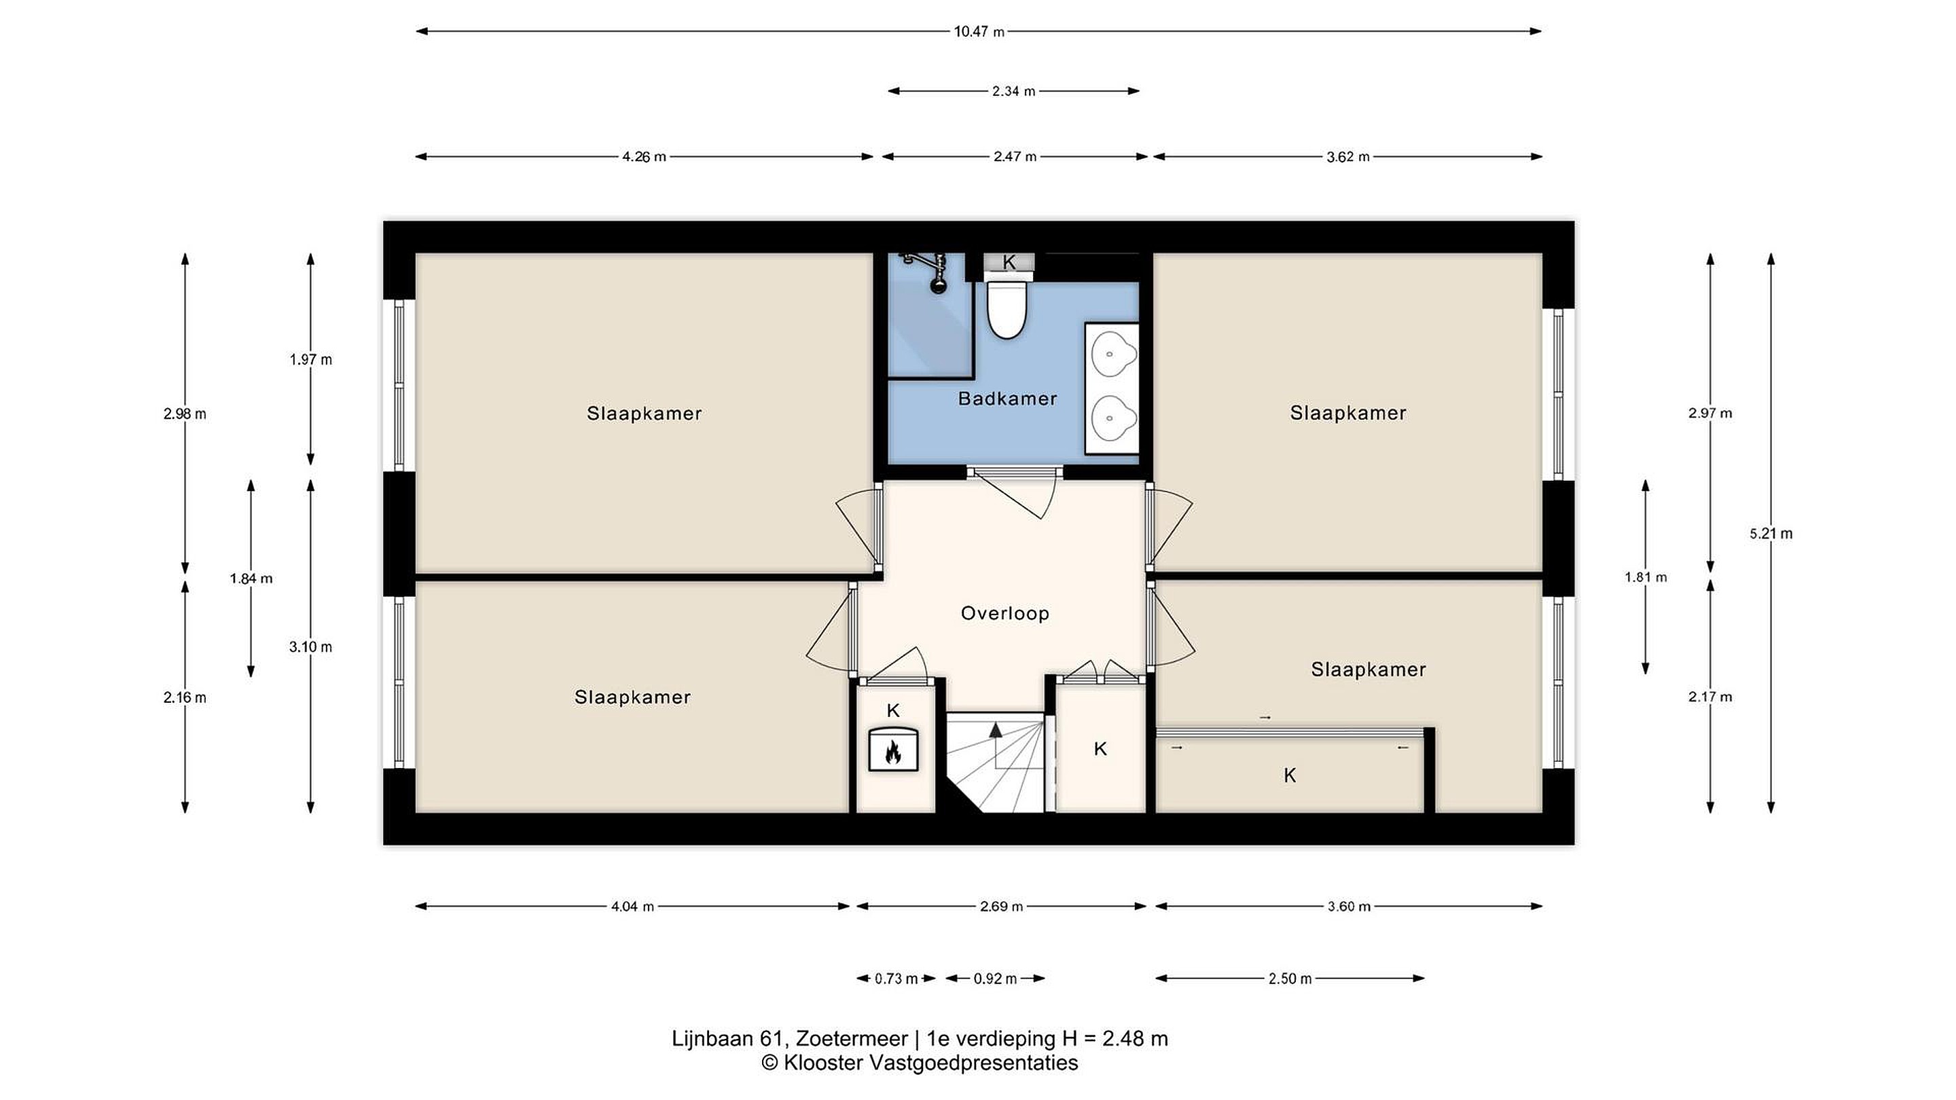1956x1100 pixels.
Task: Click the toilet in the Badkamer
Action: point(1007,310)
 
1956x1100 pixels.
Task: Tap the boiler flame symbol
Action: point(893,752)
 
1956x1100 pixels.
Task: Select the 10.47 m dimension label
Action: point(979,32)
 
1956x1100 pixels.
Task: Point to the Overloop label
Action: point(1004,613)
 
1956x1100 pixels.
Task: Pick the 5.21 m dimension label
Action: point(1771,534)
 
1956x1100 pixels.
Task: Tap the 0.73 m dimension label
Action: point(896,978)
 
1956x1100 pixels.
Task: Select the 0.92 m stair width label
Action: point(995,978)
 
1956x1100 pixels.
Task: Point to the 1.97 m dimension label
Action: point(310,360)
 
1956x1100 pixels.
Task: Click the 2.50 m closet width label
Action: point(1290,978)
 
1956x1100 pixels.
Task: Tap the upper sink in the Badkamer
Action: point(1113,354)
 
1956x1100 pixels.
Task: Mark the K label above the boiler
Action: point(893,710)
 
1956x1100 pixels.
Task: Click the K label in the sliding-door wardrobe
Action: point(1289,775)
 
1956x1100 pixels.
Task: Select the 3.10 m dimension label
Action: point(310,648)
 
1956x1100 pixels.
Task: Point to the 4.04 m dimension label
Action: point(632,906)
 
